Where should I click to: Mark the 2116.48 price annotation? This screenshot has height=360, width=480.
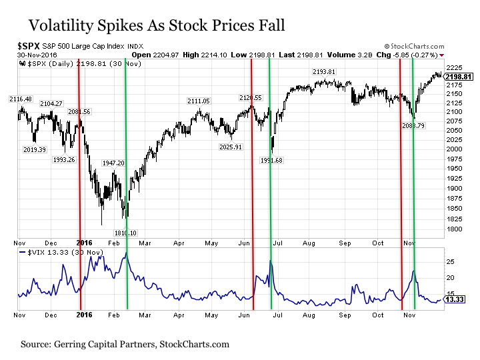[x=20, y=99]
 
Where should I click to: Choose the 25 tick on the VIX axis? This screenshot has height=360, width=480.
[x=449, y=261]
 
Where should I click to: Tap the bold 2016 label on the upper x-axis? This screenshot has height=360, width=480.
[x=85, y=242]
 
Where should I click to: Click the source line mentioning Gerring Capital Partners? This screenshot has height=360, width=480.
[x=125, y=345]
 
